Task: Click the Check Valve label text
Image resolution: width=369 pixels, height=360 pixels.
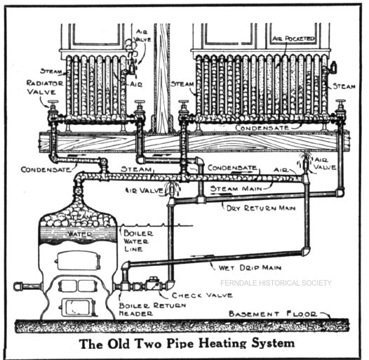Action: pos(202,295)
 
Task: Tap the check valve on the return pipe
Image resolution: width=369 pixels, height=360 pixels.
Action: pos(152,285)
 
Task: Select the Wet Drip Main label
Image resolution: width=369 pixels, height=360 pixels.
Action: pos(250,267)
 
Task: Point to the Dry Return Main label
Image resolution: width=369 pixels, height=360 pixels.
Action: pos(261,208)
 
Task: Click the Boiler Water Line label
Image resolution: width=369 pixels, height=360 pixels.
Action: pos(138,241)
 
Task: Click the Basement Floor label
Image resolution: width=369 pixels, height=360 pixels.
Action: pos(273,314)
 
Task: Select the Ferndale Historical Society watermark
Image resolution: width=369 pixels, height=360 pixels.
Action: pos(276,283)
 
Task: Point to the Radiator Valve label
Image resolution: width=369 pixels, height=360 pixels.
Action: pos(45,87)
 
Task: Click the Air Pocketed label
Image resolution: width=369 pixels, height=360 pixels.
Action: pos(293,39)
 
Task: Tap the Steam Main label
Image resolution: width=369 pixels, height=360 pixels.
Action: pos(236,189)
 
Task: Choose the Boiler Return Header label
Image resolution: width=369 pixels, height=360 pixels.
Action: pos(152,309)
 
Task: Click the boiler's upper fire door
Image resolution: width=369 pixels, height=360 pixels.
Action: pos(77,260)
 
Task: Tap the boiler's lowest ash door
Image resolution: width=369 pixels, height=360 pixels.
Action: pos(78,307)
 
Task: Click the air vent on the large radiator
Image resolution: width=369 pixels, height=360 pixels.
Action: pos(333,67)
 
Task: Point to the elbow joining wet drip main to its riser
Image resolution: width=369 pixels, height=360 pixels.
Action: pos(305,251)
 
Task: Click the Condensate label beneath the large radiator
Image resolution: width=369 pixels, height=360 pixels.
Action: pos(262,128)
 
